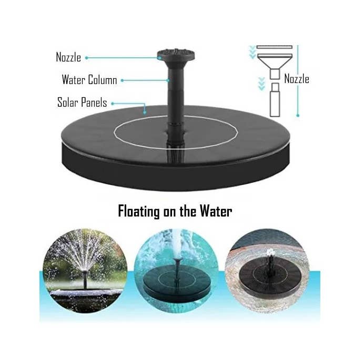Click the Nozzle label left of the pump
tap(68, 57)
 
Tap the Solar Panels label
tap(82, 102)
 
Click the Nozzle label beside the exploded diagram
tap(297, 79)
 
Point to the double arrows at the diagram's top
tap(252, 52)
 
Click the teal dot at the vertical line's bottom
tap(298, 114)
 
